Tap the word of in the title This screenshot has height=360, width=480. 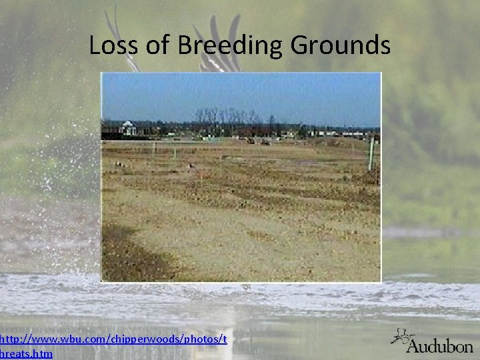(156, 46)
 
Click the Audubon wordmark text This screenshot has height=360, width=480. (440, 345)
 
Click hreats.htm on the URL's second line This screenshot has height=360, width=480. (27, 354)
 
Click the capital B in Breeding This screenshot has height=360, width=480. (187, 46)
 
